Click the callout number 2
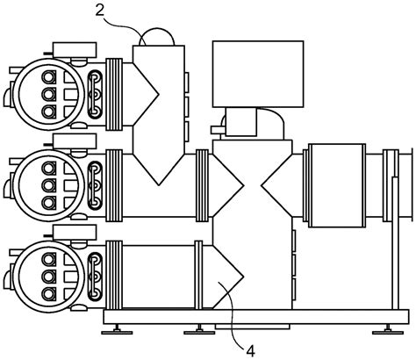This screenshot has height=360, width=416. (x=100, y=11)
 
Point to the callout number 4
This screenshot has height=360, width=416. (x=251, y=351)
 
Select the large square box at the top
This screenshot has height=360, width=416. (x=258, y=74)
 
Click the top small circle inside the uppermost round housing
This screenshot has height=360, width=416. (x=49, y=77)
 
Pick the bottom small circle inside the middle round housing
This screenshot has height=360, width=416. (x=49, y=203)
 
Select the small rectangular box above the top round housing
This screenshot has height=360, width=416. (x=75, y=50)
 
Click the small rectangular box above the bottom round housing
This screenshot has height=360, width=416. (x=75, y=233)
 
